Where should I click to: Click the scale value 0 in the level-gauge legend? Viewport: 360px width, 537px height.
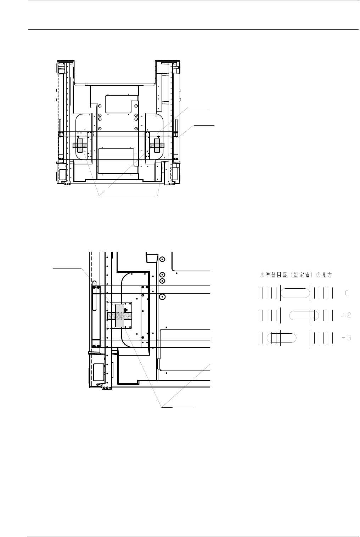coord(347,293)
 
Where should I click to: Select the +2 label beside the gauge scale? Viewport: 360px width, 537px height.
coord(347,315)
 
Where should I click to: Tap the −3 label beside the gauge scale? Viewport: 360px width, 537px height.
coord(347,338)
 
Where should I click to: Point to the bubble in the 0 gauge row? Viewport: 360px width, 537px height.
coord(295,293)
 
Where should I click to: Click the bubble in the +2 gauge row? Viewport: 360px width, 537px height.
coord(304,315)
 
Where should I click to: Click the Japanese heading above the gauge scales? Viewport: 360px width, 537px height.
coord(296,275)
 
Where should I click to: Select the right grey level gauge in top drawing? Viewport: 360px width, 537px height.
coord(157,145)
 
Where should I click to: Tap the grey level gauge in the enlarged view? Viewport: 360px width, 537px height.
coord(120,316)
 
